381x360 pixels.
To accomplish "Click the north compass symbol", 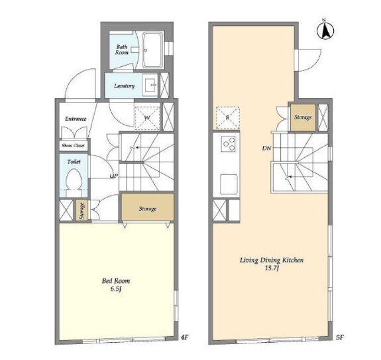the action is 325,29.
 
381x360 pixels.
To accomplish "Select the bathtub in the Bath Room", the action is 152,50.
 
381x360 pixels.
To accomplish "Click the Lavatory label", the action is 125,86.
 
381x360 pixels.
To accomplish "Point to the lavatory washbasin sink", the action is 150,85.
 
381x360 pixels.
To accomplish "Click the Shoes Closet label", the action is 73,145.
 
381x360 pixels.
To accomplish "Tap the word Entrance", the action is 76,119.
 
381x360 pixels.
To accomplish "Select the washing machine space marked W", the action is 148,118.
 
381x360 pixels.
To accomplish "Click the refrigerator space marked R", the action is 228,117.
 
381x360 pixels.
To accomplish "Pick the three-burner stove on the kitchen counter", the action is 228,144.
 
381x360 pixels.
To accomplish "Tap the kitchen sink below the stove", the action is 229,184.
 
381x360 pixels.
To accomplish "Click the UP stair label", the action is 114,176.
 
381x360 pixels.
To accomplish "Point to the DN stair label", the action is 266,148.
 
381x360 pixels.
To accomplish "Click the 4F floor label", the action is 185,337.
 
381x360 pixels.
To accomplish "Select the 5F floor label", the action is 340,337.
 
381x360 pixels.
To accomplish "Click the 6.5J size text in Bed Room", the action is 116,289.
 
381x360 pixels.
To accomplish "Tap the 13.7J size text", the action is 272,268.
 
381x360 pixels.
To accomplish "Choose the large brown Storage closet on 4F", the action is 148,207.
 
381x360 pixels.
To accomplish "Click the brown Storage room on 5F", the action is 303,117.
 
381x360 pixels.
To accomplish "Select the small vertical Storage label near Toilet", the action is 82,211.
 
